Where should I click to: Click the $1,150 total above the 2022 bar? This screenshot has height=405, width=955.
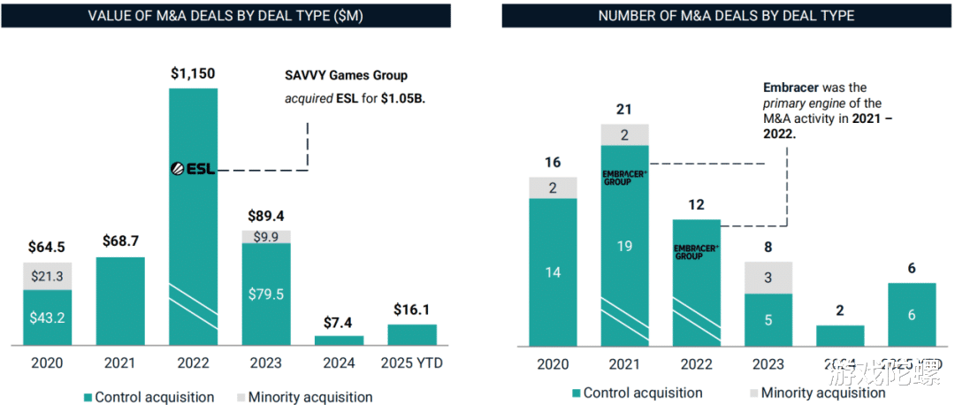[x=193, y=73]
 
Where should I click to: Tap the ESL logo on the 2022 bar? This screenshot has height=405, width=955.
[x=193, y=168]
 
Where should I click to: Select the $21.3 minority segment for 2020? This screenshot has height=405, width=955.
[x=48, y=277]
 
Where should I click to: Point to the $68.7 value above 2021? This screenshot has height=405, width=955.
[x=120, y=241]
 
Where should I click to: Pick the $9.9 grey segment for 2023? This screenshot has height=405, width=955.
[x=265, y=237]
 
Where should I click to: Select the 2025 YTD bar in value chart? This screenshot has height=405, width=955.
[x=411, y=334]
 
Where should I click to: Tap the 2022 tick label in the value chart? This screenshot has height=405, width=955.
[x=193, y=363]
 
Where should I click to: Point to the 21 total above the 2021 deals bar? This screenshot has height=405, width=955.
[x=624, y=109]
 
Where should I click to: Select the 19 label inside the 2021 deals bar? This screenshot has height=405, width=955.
[x=624, y=247]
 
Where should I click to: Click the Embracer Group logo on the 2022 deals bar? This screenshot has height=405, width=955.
[x=696, y=251]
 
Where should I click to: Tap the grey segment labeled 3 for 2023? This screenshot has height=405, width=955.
[x=768, y=278]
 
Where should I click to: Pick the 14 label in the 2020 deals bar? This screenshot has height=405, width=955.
[x=552, y=272]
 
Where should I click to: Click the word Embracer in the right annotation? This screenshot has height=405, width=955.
[x=789, y=88]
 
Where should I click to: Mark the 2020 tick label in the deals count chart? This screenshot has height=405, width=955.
[x=552, y=365]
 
